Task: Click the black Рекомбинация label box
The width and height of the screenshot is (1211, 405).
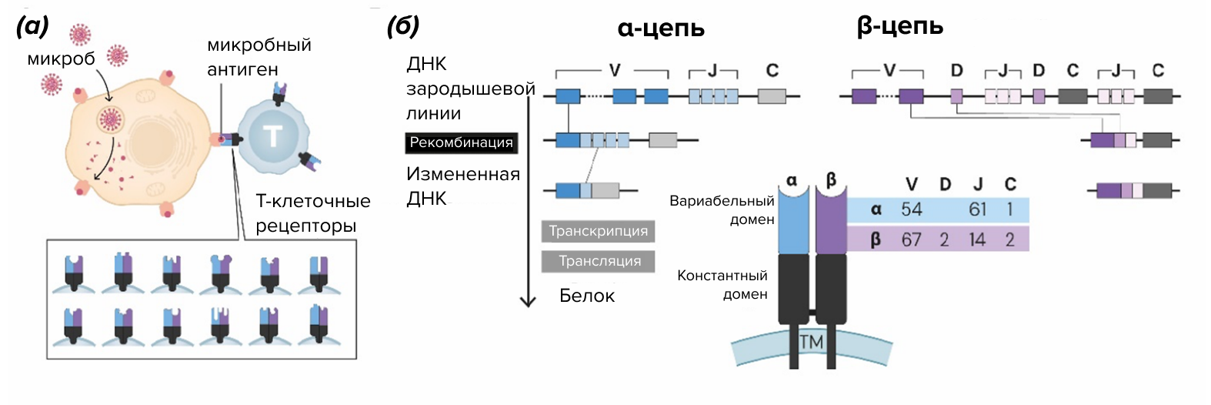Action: pyautogui.click(x=460, y=142)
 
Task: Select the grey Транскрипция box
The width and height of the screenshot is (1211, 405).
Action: pyautogui.click(x=598, y=231)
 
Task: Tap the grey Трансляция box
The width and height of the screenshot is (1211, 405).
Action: pyautogui.click(x=599, y=261)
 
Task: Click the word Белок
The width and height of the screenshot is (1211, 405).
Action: pyautogui.click(x=586, y=296)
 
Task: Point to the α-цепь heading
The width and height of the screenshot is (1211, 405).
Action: pyautogui.click(x=661, y=28)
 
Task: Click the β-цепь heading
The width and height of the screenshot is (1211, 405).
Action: pyautogui.click(x=899, y=27)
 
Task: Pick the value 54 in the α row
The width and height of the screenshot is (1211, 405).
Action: pyautogui.click(x=911, y=209)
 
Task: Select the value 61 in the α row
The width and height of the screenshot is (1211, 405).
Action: pyautogui.click(x=977, y=209)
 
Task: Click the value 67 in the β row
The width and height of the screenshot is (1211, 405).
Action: pyautogui.click(x=911, y=239)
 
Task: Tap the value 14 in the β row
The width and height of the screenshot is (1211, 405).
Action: pyautogui.click(x=977, y=239)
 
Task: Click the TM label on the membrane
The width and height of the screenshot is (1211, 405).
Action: pyautogui.click(x=811, y=341)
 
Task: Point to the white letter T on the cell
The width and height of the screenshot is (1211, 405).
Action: pyautogui.click(x=272, y=136)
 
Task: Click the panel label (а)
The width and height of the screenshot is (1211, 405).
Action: pyautogui.click(x=32, y=26)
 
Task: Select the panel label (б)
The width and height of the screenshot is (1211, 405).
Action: pyautogui.click(x=403, y=26)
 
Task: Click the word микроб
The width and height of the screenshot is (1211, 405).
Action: pyautogui.click(x=61, y=59)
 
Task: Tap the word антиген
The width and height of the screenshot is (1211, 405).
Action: pyautogui.click(x=242, y=69)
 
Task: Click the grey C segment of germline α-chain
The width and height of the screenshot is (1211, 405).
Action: pyautogui.click(x=772, y=96)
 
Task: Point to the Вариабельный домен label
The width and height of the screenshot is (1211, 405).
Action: pyautogui.click(x=722, y=210)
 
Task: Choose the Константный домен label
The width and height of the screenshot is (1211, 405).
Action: pyautogui.click(x=722, y=285)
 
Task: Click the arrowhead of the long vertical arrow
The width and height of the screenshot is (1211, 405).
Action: pyautogui.click(x=528, y=301)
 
